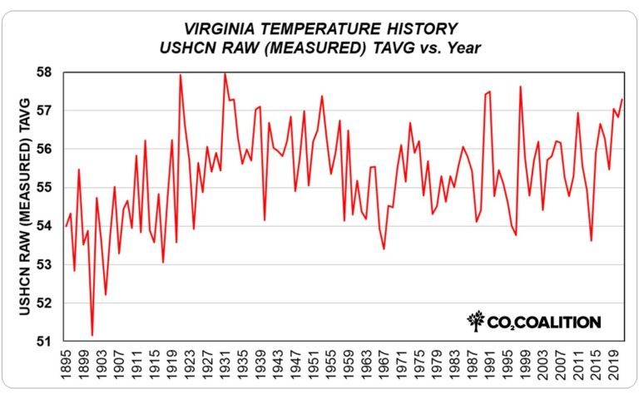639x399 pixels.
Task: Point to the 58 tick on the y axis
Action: (x=50, y=72)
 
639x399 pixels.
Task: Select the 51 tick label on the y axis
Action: (x=50, y=342)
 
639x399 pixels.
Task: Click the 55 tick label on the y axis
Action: (x=50, y=188)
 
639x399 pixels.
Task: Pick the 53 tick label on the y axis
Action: (x=50, y=264)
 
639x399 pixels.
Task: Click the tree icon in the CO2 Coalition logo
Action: (x=476, y=320)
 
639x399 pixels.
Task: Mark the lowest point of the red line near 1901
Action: (x=92, y=336)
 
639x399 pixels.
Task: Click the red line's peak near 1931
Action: (x=225, y=73)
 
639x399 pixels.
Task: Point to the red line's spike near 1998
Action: (x=520, y=86)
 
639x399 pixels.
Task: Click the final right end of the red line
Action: (x=622, y=100)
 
